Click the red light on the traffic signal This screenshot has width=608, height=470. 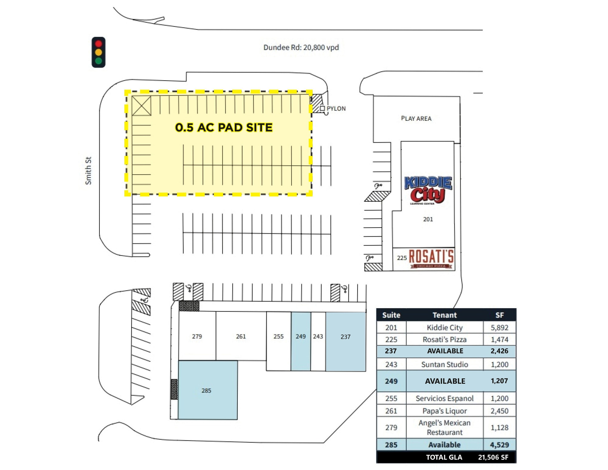coord(98,44)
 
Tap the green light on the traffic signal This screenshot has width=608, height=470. coord(98,61)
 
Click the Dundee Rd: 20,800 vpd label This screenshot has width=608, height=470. coord(301,47)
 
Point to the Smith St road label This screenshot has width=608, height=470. coord(88,171)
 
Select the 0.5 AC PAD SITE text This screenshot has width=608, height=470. coord(224,127)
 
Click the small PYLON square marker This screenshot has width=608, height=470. coord(322,108)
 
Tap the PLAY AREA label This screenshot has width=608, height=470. coord(416,118)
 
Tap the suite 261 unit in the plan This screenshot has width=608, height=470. coord(241,336)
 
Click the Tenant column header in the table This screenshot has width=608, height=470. coord(444,315)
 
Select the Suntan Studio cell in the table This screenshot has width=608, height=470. coord(444,364)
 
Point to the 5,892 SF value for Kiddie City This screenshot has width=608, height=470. coord(499,328)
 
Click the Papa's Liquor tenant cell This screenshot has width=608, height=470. coord(444,411)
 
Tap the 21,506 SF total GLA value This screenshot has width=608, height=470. coord(493,457)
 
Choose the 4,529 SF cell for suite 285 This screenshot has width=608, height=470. coord(499,445)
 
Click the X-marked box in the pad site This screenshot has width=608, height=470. coord(142,106)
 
